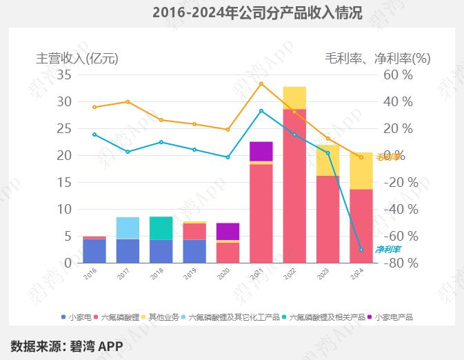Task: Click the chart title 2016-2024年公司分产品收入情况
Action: coord(256,12)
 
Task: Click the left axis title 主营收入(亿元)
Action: coord(77,59)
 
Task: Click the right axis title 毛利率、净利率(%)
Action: coord(377,59)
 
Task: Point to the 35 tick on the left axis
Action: coord(64,74)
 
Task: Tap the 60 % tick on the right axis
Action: coord(398,74)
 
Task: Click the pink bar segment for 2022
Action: coord(294,186)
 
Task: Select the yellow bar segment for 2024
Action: coord(361,170)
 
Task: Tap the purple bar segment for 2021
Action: coord(261,151)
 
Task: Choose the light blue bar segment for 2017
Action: coord(128,228)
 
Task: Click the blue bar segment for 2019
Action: coord(194,251)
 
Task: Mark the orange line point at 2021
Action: coord(261,84)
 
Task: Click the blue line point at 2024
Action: coord(361,250)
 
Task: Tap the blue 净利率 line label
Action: coord(387,249)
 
